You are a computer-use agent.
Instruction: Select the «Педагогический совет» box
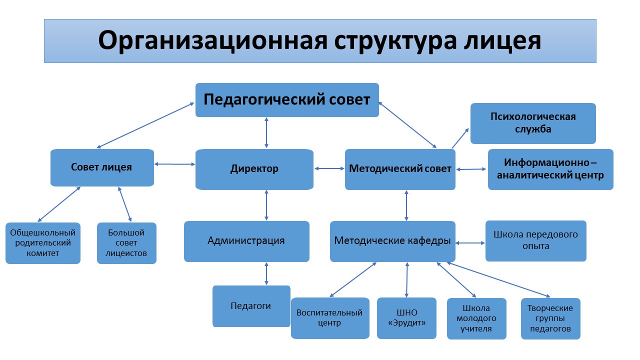pyautogui.click(x=287, y=100)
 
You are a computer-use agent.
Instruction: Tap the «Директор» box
pyautogui.click(x=254, y=169)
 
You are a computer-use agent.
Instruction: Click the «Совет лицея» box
pyautogui.click(x=102, y=167)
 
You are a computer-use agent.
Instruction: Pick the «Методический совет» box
pyautogui.click(x=400, y=169)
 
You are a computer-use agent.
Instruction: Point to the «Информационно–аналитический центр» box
pyautogui.click(x=550, y=169)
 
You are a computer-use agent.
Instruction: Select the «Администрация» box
pyautogui.click(x=246, y=241)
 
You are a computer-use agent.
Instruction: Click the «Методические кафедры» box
pyautogui.click(x=392, y=241)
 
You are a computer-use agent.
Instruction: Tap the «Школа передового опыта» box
pyautogui.click(x=535, y=240)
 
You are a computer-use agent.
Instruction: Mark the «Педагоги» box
pyautogui.click(x=251, y=306)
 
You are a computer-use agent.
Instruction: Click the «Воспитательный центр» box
pyautogui.click(x=330, y=318)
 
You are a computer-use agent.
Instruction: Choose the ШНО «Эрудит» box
pyautogui.click(x=406, y=318)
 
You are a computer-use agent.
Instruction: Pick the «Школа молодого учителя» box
pyautogui.click(x=476, y=318)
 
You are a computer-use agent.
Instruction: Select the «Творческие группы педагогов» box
pyautogui.click(x=550, y=318)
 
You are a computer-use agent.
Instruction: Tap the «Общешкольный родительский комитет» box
pyautogui.click(x=43, y=243)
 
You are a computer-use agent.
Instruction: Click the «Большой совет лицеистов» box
pyautogui.click(x=126, y=243)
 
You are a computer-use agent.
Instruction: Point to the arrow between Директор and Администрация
pyautogui.click(x=266, y=205)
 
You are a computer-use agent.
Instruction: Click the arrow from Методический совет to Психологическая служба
pyautogui.click(x=460, y=138)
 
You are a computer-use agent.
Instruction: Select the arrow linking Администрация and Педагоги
pyautogui.click(x=266, y=273)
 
